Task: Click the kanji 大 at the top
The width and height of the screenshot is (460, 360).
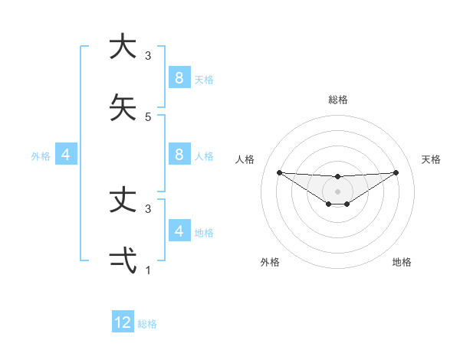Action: click(123, 47)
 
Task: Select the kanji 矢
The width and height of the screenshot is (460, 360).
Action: click(123, 108)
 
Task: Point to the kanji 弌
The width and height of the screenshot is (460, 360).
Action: click(123, 260)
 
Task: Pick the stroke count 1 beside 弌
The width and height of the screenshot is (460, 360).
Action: click(148, 270)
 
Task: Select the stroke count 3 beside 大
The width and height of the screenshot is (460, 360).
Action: click(148, 56)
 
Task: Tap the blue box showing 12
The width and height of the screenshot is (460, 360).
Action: click(123, 322)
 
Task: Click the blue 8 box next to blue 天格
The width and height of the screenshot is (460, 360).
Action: click(179, 78)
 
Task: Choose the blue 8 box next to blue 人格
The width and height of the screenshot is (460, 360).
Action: click(179, 155)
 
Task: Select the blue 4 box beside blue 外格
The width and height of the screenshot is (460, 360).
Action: click(66, 155)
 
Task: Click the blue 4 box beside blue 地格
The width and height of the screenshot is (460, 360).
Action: click(179, 231)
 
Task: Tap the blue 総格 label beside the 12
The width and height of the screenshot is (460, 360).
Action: click(147, 324)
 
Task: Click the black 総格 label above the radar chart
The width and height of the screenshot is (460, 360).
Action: click(338, 100)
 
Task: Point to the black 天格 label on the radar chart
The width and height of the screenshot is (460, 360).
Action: click(432, 159)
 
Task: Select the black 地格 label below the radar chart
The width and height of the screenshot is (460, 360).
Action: click(402, 263)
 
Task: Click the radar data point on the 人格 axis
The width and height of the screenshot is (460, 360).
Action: click(279, 172)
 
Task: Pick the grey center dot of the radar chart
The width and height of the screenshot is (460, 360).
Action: click(337, 191)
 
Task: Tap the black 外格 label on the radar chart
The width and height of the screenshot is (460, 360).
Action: click(270, 263)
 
